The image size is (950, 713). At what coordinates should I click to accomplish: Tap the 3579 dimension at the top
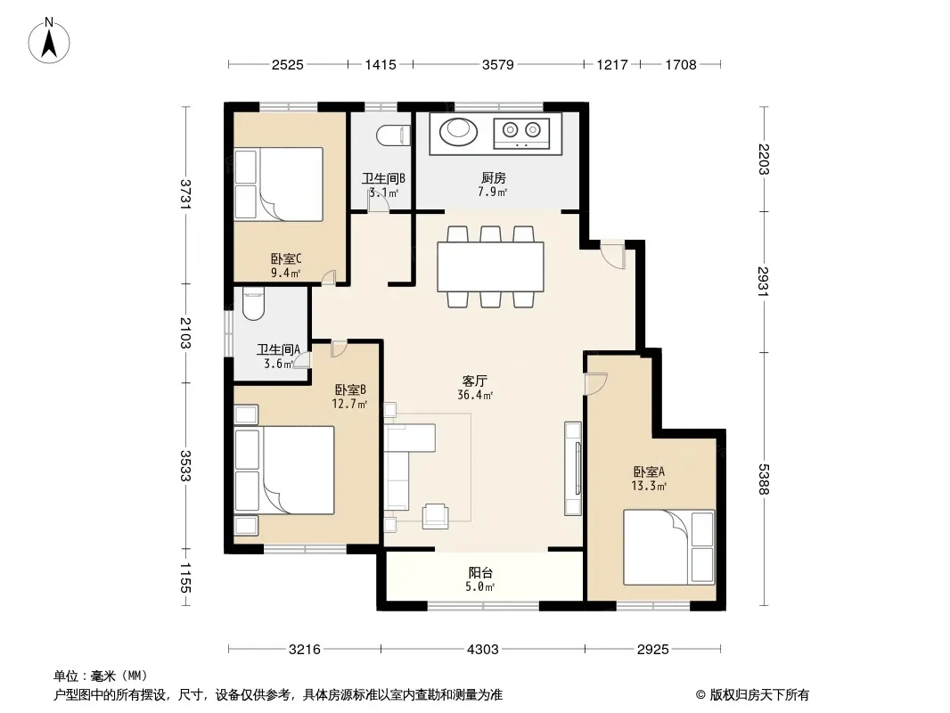497,65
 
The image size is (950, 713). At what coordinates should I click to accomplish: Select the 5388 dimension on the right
764,479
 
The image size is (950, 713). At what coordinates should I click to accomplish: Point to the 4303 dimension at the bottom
482,650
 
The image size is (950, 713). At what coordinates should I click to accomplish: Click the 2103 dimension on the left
185,333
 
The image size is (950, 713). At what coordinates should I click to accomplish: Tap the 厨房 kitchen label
493,178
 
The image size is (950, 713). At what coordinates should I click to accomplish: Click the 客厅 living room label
474,381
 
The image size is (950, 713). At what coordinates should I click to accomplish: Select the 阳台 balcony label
480,572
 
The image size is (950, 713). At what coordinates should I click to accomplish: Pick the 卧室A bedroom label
649,471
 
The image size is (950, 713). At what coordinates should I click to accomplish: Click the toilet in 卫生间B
393,135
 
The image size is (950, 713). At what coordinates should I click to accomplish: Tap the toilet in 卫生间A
252,304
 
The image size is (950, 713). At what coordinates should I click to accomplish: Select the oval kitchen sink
457,131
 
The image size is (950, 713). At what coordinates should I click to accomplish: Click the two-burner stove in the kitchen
521,134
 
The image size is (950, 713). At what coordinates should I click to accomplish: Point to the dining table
490,266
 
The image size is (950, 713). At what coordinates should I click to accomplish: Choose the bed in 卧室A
669,547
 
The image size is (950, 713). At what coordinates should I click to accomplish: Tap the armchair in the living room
436,515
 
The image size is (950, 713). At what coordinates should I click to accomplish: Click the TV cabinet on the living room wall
572,469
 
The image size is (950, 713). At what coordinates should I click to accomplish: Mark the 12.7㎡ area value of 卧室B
349,404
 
